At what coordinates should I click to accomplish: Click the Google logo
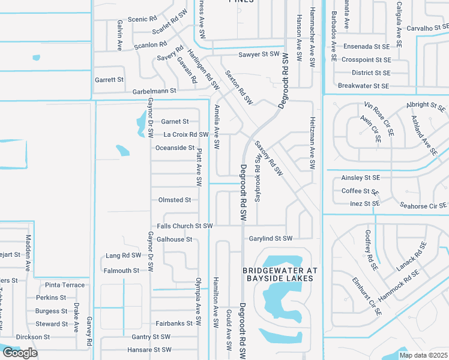click(20, 353)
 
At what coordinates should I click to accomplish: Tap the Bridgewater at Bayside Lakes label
click(279, 274)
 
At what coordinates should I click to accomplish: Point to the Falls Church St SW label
click(185, 226)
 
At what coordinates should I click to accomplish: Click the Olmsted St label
click(174, 200)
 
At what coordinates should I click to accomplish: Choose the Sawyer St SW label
click(259, 54)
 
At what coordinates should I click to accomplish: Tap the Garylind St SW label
click(271, 238)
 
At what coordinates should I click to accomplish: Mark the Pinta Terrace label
click(65, 285)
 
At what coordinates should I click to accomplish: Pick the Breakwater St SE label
click(364, 86)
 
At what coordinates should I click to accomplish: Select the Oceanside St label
click(175, 148)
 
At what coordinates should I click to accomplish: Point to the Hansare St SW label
click(149, 349)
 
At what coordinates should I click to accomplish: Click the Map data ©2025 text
click(423, 355)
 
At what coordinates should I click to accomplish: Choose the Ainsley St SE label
click(361, 178)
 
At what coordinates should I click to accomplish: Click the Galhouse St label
click(174, 239)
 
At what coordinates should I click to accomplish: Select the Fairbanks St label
click(174, 323)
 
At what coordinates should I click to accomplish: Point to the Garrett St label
click(109, 79)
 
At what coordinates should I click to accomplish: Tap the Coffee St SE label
click(359, 191)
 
